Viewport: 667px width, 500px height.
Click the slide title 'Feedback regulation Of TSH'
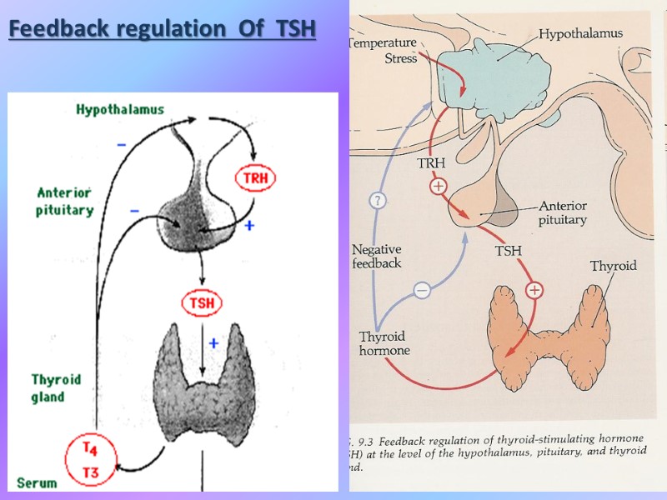pyautogui.click(x=163, y=29)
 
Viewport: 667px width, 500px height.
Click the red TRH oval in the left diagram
pyautogui.click(x=256, y=177)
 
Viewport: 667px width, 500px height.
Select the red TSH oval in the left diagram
pyautogui.click(x=201, y=303)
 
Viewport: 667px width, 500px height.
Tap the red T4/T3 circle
pyautogui.click(x=91, y=460)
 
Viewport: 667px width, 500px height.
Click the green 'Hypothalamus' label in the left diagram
pyautogui.click(x=120, y=109)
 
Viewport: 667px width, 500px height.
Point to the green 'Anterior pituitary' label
pyautogui.click(x=64, y=202)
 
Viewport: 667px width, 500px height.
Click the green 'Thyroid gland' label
pyautogui.click(x=56, y=387)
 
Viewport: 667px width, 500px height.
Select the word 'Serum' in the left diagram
pyautogui.click(x=36, y=482)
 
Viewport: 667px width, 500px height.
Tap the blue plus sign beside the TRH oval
pyautogui.click(x=248, y=225)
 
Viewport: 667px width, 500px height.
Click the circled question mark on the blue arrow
pyautogui.click(x=378, y=200)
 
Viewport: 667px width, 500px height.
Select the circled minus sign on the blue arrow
pyautogui.click(x=422, y=290)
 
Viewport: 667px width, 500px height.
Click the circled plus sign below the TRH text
pyautogui.click(x=439, y=187)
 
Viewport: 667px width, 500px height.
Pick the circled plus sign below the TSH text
pyautogui.click(x=534, y=290)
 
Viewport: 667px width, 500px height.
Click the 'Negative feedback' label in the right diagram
pyautogui.click(x=376, y=256)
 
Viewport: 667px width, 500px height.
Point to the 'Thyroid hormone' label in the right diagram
pyautogui.click(x=384, y=343)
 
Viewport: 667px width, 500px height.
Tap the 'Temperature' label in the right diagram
pyautogui.click(x=381, y=42)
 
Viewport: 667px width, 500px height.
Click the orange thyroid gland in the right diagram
pyautogui.click(x=550, y=333)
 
